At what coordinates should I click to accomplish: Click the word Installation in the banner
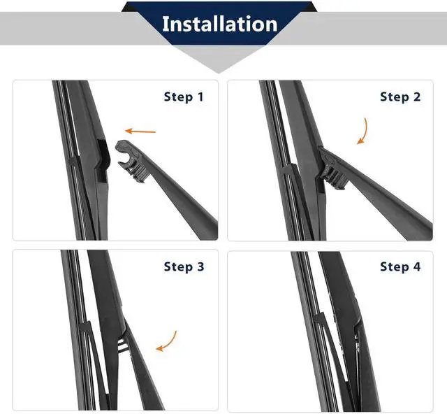[x=219, y=24]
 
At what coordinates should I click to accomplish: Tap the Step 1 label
[x=184, y=97]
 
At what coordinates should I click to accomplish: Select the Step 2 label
[x=400, y=97]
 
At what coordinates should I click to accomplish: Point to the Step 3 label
[x=184, y=266]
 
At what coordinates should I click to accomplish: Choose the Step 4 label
[x=400, y=266]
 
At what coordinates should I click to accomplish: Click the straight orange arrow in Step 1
[x=140, y=131]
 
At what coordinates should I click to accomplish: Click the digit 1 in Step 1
[x=200, y=97]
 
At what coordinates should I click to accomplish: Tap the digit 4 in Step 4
[x=417, y=266]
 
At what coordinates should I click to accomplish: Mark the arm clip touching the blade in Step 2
[x=330, y=169]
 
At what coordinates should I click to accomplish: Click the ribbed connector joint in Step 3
[x=123, y=345]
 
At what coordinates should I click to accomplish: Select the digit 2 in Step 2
[x=417, y=97]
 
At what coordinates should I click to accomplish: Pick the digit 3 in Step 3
[x=200, y=266]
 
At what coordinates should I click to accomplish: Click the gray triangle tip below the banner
[x=219, y=73]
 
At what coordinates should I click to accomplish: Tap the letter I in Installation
[x=165, y=24]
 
